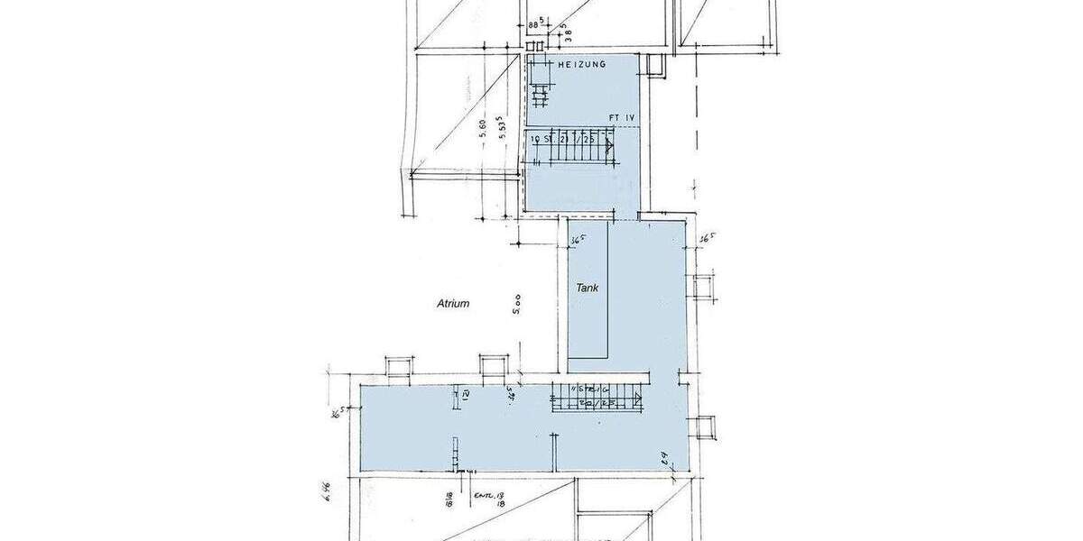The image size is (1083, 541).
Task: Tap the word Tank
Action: point(588,288)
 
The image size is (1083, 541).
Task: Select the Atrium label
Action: point(452,304)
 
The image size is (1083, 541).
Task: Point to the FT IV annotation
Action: point(622,118)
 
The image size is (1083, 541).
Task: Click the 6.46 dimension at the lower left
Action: point(324,491)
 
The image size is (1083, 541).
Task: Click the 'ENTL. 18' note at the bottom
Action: point(488,495)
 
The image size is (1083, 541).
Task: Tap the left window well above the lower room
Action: point(399,367)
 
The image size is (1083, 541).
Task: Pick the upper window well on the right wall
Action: point(703,286)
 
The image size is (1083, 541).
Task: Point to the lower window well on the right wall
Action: point(703,427)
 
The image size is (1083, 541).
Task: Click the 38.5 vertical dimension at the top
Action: point(568,32)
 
